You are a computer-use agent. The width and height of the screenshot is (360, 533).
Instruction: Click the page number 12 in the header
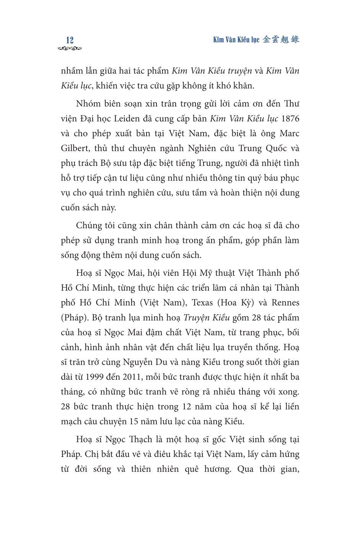point(70,40)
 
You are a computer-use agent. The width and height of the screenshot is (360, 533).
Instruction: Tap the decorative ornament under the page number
point(70,49)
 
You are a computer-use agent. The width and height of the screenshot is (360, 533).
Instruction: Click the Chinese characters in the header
point(282,39)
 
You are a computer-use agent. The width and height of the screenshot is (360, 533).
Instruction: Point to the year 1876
point(290,119)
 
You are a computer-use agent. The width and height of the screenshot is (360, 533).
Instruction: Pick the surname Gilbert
point(75,148)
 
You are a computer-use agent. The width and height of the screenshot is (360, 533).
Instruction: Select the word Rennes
point(285,303)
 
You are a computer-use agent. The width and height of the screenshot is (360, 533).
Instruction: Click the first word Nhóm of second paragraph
point(88,104)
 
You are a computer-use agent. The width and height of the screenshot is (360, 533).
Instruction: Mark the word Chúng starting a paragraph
point(90,226)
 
